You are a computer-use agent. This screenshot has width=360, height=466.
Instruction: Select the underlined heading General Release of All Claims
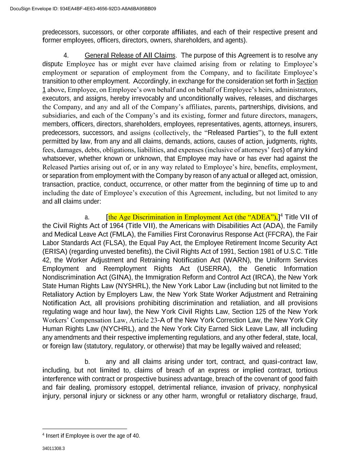[x=130, y=55]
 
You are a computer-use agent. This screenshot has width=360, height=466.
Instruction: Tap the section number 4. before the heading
[x=66, y=55]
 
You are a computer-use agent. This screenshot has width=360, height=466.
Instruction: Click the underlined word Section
[x=307, y=81]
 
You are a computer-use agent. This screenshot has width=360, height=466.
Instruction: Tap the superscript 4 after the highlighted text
[x=281, y=215]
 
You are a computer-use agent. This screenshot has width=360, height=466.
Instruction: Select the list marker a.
[x=87, y=217]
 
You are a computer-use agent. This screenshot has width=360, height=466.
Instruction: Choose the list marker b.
[x=87, y=362]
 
